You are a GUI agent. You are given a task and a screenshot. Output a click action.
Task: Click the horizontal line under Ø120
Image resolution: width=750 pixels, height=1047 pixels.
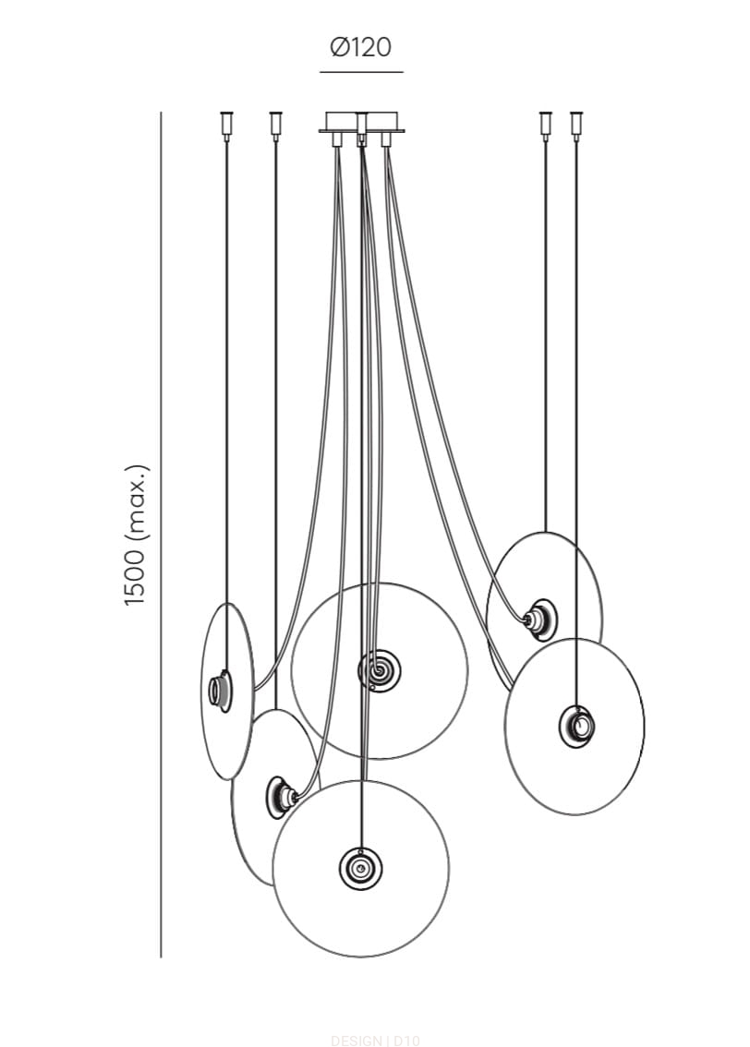pos(361,71)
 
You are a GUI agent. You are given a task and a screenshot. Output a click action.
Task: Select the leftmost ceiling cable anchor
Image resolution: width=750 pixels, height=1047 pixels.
pos(226,124)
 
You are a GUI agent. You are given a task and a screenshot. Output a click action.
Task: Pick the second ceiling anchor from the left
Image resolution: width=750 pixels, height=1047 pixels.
pos(275,124)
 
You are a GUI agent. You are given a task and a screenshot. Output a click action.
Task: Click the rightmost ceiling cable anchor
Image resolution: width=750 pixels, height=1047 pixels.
pos(576,124)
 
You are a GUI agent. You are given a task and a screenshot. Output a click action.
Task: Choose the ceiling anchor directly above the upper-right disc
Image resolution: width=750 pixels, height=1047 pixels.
pos(545,124)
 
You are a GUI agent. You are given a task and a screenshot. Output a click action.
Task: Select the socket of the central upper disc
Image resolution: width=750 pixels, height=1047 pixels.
pos(380,671)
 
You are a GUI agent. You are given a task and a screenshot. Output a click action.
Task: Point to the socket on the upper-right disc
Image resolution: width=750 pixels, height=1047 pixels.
pos(539,619)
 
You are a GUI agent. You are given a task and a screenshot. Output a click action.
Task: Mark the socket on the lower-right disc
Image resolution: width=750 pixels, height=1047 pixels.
pos(577,726)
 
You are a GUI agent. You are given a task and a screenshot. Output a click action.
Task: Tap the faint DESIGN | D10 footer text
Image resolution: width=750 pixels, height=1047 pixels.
pos(374,1041)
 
